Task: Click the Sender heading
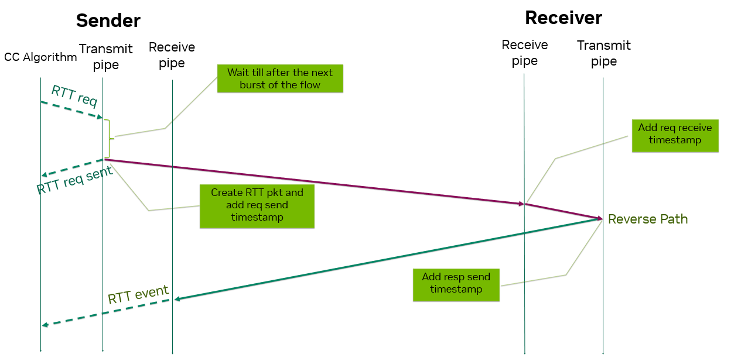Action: click(x=108, y=20)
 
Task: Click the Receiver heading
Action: click(x=563, y=18)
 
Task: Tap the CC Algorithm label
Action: click(x=40, y=57)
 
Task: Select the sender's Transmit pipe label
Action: click(x=106, y=57)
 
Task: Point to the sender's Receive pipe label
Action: click(x=172, y=55)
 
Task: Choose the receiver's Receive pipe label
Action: click(x=525, y=53)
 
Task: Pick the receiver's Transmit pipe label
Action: click(x=603, y=53)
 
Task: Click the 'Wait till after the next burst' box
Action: click(x=280, y=78)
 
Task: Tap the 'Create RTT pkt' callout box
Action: click(x=257, y=207)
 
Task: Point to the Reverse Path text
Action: click(x=648, y=219)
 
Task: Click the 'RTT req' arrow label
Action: click(x=74, y=95)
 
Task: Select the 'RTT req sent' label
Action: click(x=74, y=180)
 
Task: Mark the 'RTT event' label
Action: click(x=138, y=294)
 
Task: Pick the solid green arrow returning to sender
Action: click(x=387, y=259)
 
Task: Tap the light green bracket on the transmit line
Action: click(x=109, y=138)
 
